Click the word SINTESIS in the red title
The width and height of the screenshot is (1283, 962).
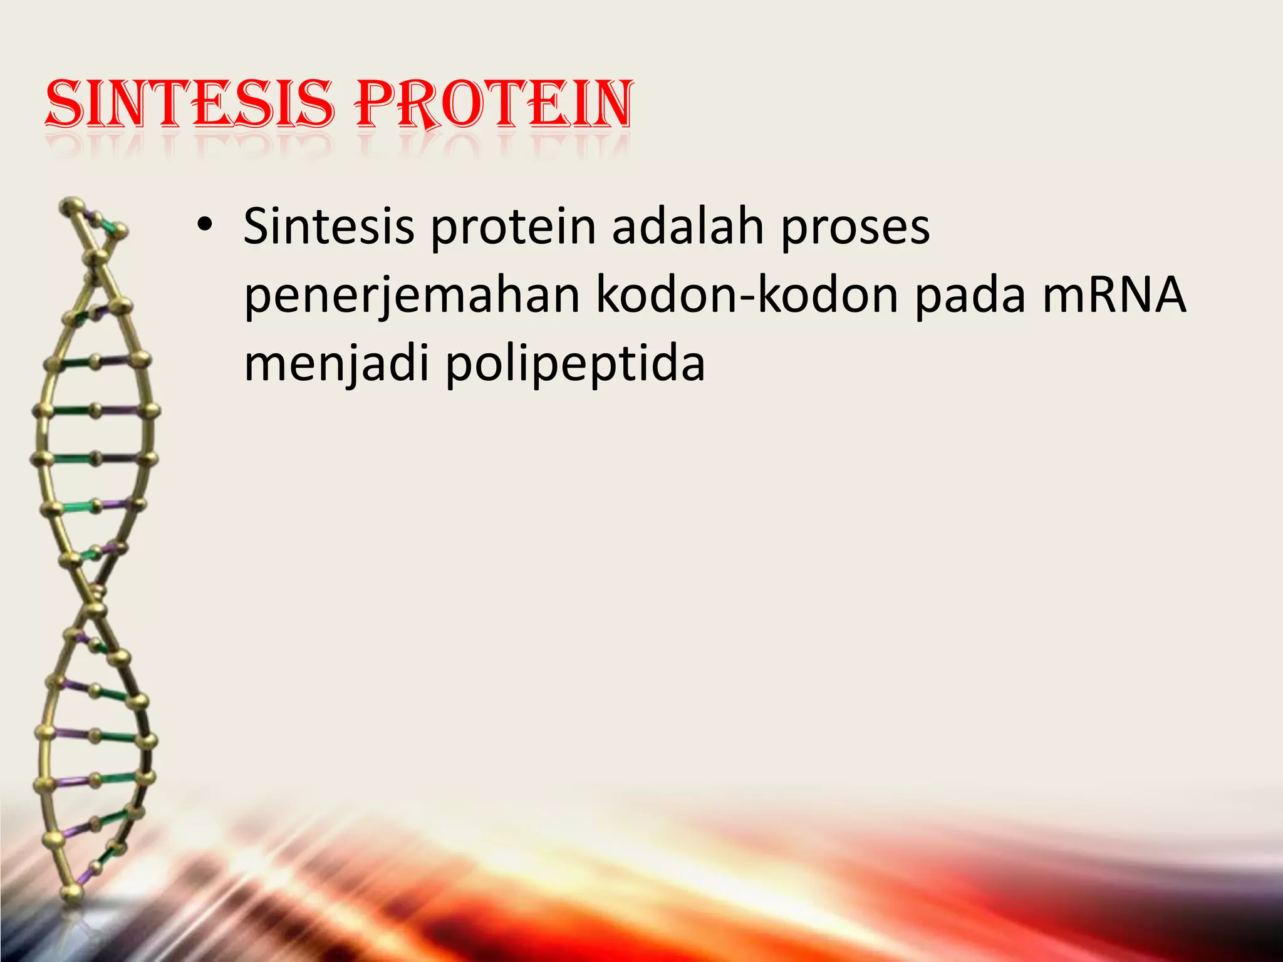[188, 104]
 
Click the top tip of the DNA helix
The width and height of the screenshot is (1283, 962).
[71, 204]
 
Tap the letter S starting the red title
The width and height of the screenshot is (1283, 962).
[65, 104]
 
